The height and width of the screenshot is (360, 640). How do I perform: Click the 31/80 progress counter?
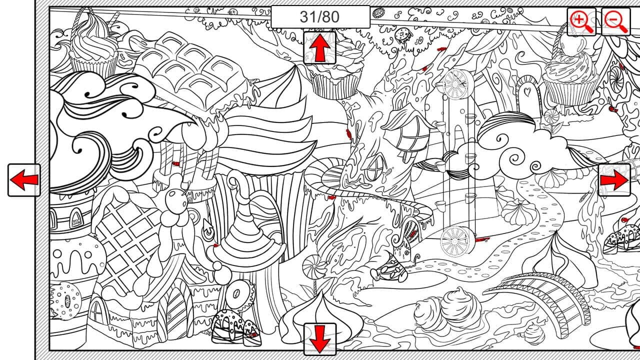320,17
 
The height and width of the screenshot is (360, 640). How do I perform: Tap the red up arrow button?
319,47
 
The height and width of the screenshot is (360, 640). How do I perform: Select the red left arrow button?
24,180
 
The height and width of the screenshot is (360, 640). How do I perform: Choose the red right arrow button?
614,180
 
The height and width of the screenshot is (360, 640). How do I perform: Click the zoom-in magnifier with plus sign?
581,21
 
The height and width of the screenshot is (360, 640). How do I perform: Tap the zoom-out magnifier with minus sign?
615,21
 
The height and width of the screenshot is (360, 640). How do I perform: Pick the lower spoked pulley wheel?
455,241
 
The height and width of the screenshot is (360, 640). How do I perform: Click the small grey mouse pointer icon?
207,227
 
